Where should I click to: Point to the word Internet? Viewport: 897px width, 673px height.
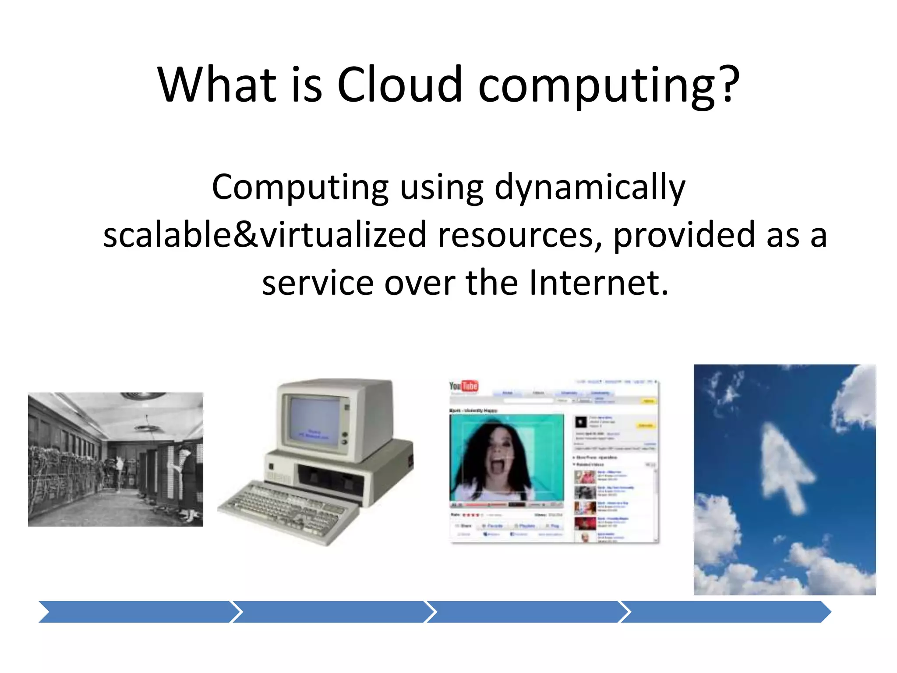click(x=598, y=283)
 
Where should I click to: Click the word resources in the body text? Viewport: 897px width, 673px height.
click(x=519, y=234)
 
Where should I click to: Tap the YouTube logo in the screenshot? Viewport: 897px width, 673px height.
click(x=463, y=386)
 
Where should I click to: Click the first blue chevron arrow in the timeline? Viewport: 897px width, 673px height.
click(x=136, y=612)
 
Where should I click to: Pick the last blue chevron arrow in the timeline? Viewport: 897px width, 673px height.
click(x=725, y=612)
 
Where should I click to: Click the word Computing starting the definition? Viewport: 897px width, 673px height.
click(x=300, y=188)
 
